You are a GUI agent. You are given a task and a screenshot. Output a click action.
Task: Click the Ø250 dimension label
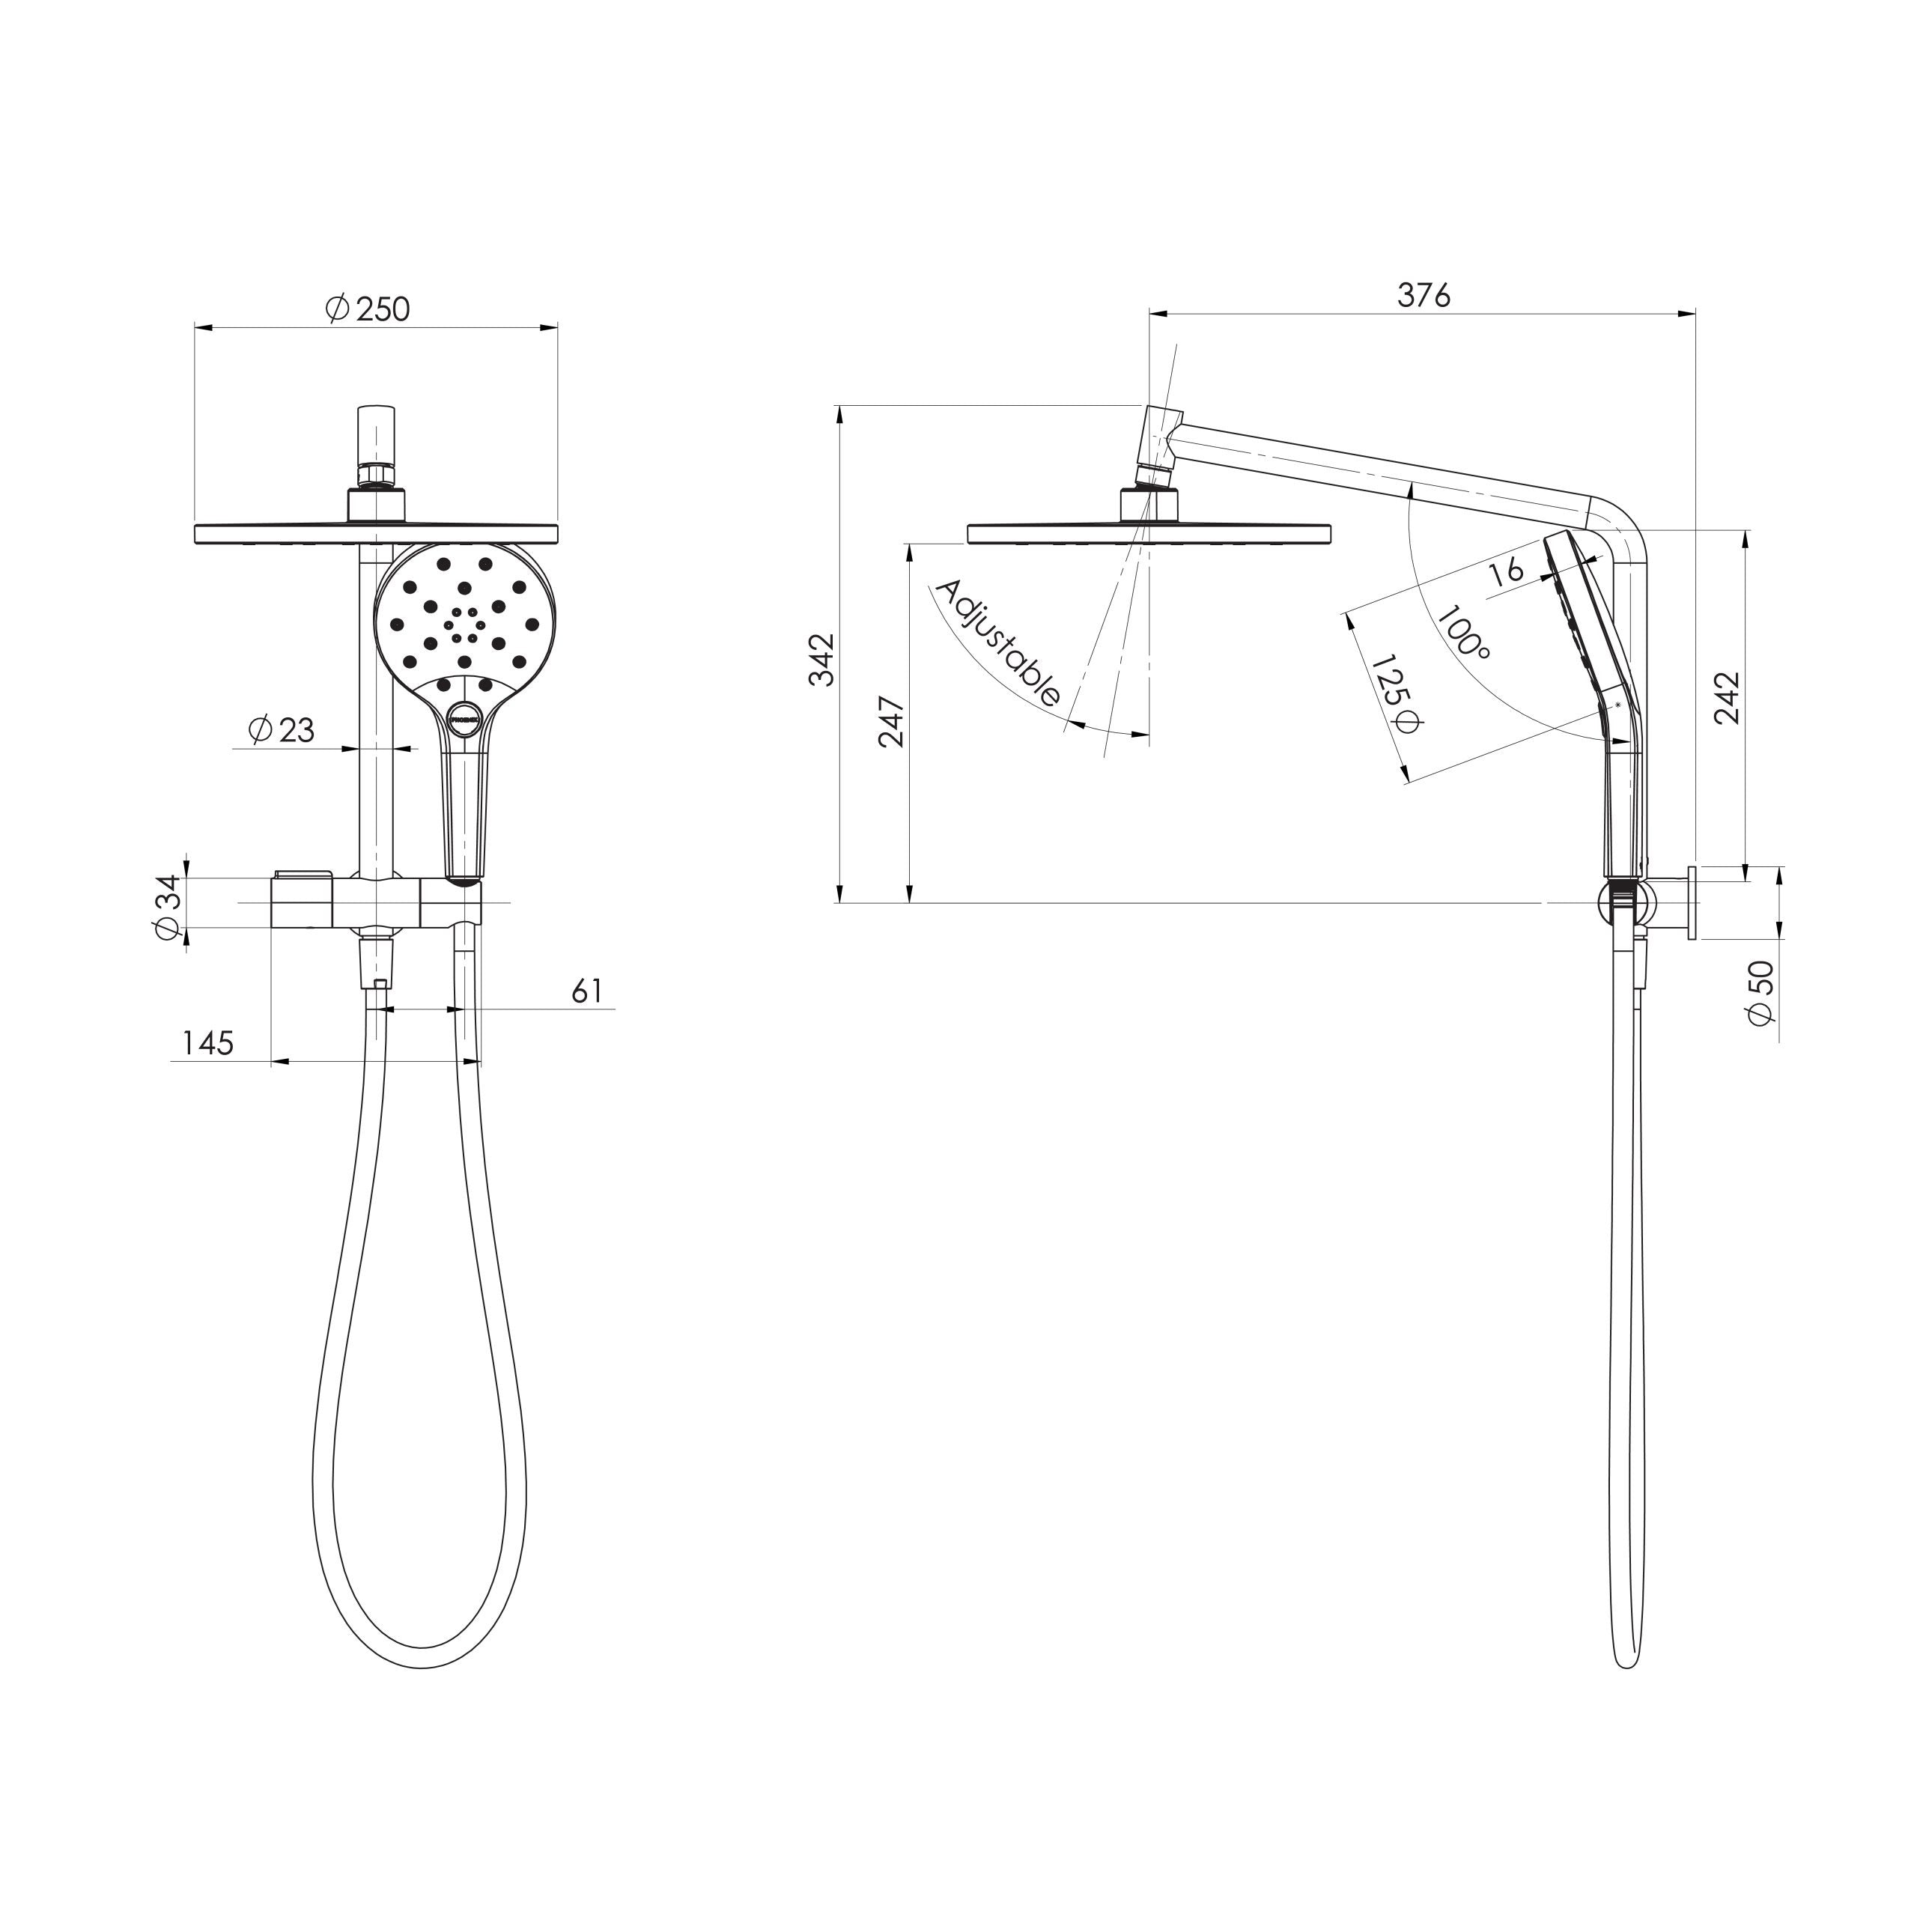click(367, 309)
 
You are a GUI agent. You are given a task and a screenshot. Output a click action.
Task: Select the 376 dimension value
click(1424, 295)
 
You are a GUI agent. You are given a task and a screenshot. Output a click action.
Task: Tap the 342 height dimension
click(822, 659)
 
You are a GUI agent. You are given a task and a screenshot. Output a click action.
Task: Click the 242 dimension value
click(1728, 699)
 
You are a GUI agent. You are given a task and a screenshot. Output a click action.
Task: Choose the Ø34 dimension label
click(168, 908)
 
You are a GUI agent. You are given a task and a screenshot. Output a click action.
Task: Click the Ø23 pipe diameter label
click(281, 730)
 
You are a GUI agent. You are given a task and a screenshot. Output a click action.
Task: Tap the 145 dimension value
click(207, 1043)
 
